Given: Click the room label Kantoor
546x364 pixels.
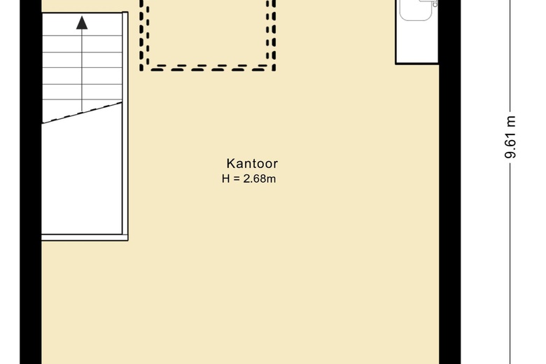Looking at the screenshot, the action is (252, 163).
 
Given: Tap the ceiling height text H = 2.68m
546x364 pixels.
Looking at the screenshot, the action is (248, 178).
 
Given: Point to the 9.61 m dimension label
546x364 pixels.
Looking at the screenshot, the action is (510, 137).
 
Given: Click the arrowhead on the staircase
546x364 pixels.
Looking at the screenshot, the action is (82, 22).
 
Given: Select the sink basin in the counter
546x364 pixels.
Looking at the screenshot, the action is (416, 10).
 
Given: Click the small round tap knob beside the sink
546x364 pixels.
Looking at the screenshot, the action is (435, 4).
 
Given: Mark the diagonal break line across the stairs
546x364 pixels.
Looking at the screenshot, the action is (82, 113).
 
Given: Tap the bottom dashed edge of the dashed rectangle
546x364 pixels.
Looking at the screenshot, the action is (208, 68).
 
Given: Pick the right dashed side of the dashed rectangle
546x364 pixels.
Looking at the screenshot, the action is (271, 35).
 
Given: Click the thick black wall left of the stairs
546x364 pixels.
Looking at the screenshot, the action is (31, 182).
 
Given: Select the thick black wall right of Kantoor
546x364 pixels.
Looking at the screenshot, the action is (449, 182).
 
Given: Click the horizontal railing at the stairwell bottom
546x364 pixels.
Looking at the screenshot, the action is (85, 237).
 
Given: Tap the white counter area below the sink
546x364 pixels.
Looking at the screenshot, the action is (416, 42).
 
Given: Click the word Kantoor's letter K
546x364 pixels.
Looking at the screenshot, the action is (230, 163).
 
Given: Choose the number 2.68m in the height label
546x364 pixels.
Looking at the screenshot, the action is (260, 178).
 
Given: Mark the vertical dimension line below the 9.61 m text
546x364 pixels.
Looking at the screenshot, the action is (510, 265).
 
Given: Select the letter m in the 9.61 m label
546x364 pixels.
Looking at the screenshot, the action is (511, 121).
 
